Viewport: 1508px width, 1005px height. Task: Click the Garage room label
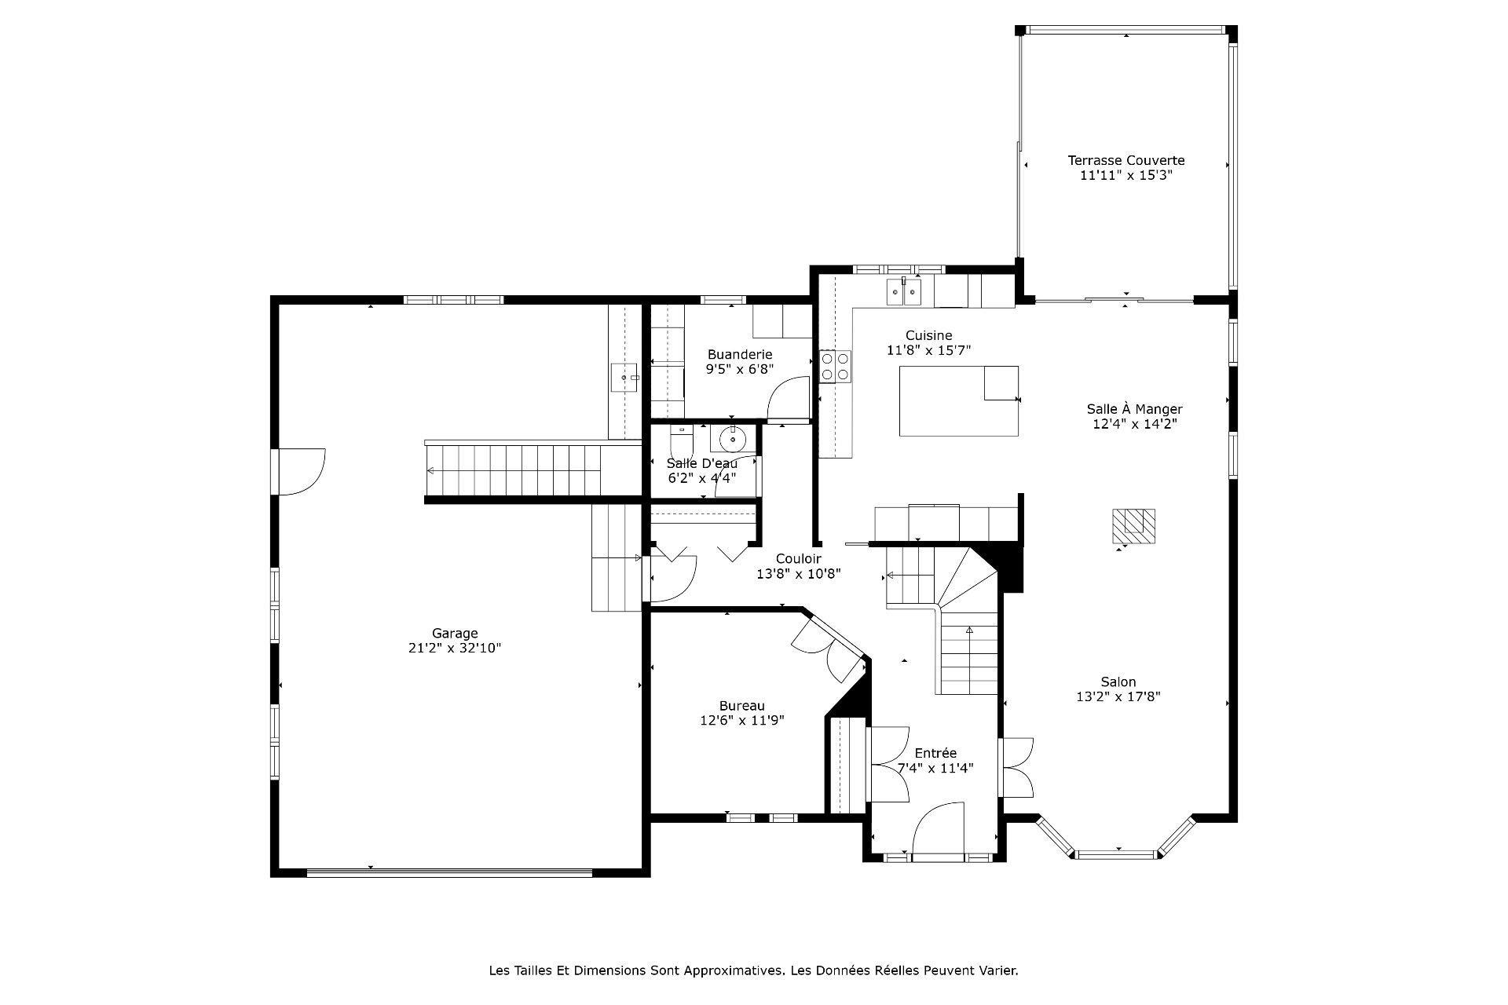(455, 633)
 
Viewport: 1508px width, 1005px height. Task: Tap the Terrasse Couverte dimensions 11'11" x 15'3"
(1126, 176)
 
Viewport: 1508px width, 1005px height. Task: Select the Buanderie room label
(740, 354)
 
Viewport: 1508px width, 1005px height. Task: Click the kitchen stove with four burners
(836, 366)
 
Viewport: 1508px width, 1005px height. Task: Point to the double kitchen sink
(903, 292)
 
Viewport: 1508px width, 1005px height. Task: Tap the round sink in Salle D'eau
(732, 437)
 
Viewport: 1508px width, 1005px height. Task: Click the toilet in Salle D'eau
(679, 437)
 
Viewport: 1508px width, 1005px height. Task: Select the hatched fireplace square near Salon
(1133, 526)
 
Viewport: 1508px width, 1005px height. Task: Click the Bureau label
(741, 706)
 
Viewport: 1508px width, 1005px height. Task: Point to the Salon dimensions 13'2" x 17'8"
(1118, 696)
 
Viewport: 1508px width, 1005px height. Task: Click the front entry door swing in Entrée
(939, 829)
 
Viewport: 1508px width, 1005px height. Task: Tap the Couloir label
(798, 558)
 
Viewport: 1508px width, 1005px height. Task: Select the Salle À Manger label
(1134, 409)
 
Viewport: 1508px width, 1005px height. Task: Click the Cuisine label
(928, 335)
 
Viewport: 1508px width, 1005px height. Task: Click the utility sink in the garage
(625, 378)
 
